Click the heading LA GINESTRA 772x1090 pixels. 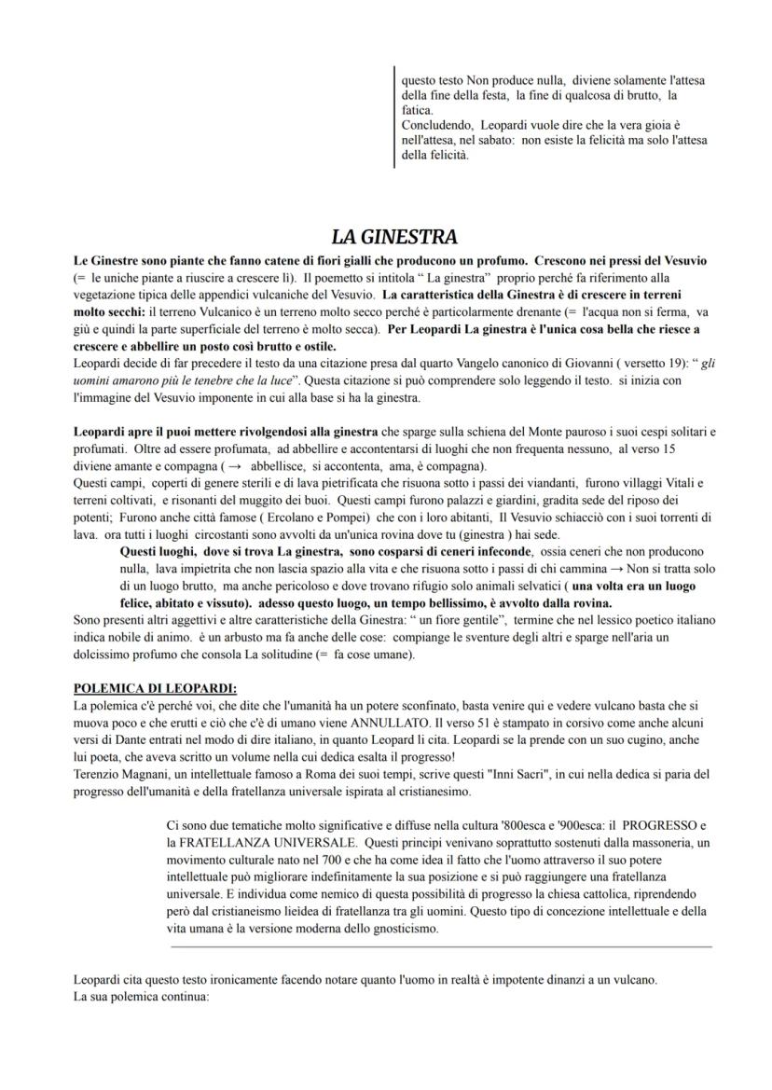pyautogui.click(x=394, y=237)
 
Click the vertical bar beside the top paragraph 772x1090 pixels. pyautogui.click(x=395, y=117)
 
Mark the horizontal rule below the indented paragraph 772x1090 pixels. pyautogui.click(x=441, y=946)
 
